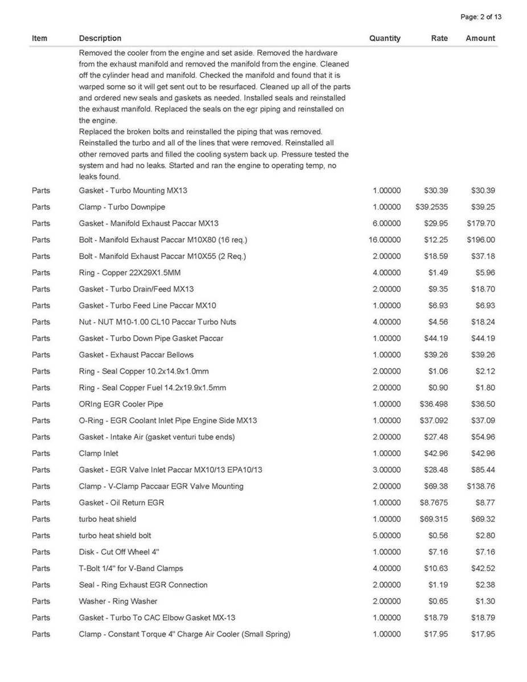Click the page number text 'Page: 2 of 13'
pos(481,16)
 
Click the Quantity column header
pos(385,38)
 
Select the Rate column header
pos(439,38)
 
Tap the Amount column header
pos(480,38)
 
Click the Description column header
pos(100,38)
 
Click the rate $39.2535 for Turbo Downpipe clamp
pos(432,207)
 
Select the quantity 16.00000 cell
pos(385,240)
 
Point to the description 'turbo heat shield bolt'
pos(115,535)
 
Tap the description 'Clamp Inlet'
pos(98,454)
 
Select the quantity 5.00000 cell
pos(386,535)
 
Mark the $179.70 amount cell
pos(481,223)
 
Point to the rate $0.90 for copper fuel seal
pos(438,388)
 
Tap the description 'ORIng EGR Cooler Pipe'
pos(121,404)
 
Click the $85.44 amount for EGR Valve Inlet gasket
pos(483,470)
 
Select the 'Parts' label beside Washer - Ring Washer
pos(41,601)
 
